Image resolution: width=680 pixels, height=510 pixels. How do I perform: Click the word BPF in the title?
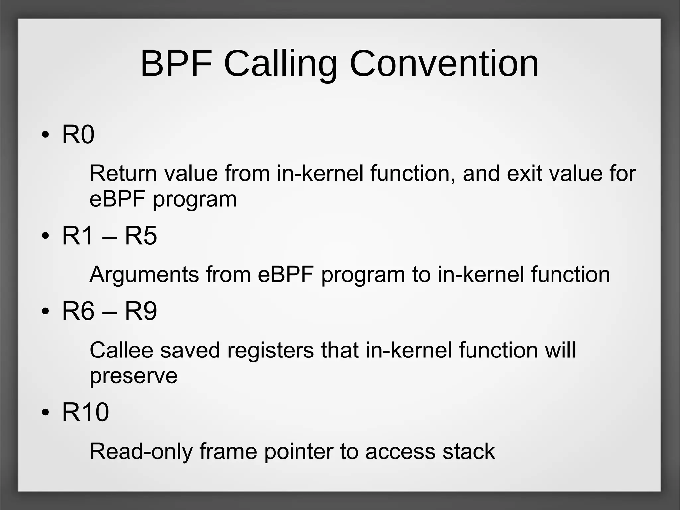176,63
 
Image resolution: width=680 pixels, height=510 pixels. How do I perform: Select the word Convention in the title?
444,63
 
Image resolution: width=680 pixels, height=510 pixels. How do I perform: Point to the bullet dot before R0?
46,135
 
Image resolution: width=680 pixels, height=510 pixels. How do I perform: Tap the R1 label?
77,236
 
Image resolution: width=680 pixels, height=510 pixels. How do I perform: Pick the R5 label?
140,236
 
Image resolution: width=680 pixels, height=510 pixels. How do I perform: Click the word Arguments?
144,275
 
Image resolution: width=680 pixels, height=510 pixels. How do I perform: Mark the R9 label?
140,311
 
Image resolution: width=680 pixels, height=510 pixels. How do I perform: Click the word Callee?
122,350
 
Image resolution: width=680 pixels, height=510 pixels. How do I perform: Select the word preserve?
133,376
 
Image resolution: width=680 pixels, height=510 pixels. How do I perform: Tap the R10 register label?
85,412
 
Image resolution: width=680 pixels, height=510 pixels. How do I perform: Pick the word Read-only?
141,452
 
